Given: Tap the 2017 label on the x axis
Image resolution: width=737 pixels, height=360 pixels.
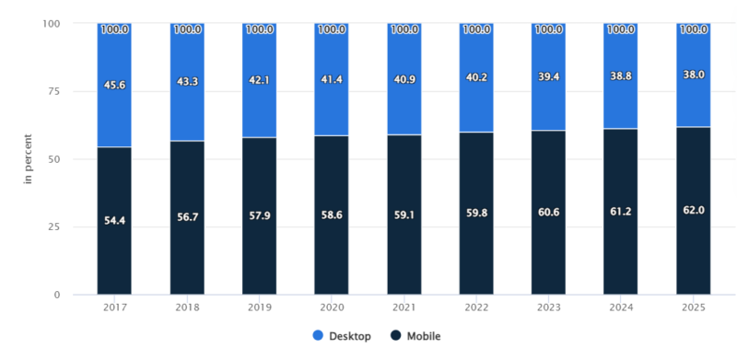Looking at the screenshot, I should point(114,308).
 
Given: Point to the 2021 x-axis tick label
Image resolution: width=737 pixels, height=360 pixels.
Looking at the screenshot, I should point(404,308).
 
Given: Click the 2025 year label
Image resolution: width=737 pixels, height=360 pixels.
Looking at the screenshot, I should point(693,308).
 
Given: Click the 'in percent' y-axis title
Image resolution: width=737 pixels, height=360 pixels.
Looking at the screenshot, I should point(29,159).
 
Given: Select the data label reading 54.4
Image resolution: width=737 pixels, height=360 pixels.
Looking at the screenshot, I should point(114,221).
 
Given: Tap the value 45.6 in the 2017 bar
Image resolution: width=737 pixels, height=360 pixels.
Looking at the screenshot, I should point(114,84).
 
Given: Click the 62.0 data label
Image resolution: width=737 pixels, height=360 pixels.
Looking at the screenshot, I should point(693,211).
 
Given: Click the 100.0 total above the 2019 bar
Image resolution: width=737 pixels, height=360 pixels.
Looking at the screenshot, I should point(259,29).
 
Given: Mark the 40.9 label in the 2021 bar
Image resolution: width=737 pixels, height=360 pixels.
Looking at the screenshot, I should point(404,79).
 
